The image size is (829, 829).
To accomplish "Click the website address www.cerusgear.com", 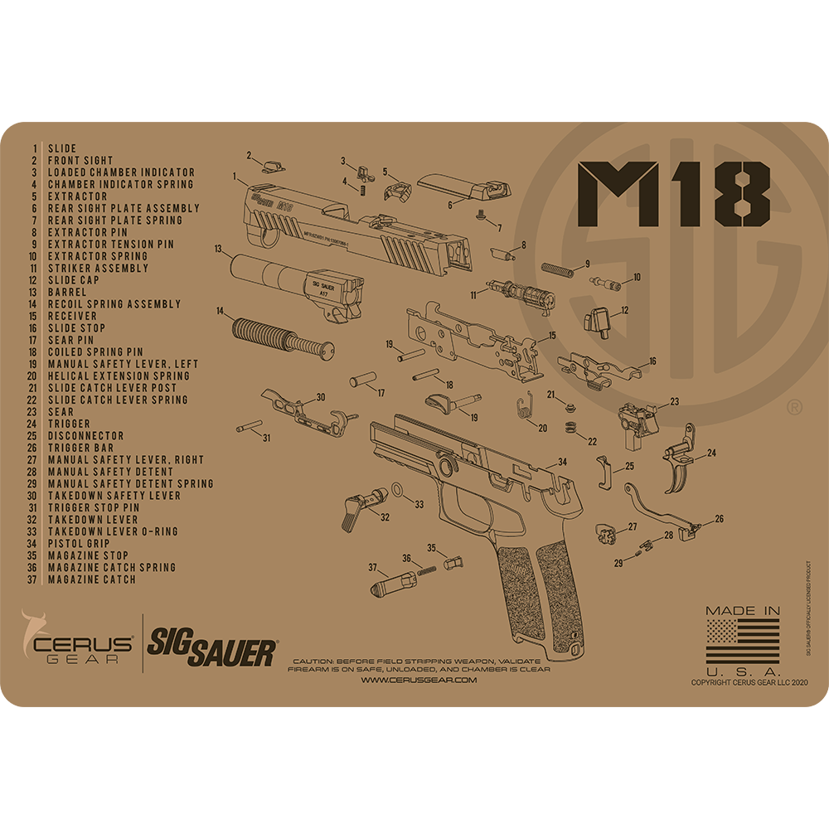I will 419,680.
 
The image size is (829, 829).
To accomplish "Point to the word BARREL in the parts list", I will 68,292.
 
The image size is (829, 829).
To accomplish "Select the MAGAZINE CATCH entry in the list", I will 91,579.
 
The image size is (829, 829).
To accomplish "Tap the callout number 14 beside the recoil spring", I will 221,311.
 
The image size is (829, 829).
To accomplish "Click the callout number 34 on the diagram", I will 562,461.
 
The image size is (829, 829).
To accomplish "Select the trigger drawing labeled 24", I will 681,464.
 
